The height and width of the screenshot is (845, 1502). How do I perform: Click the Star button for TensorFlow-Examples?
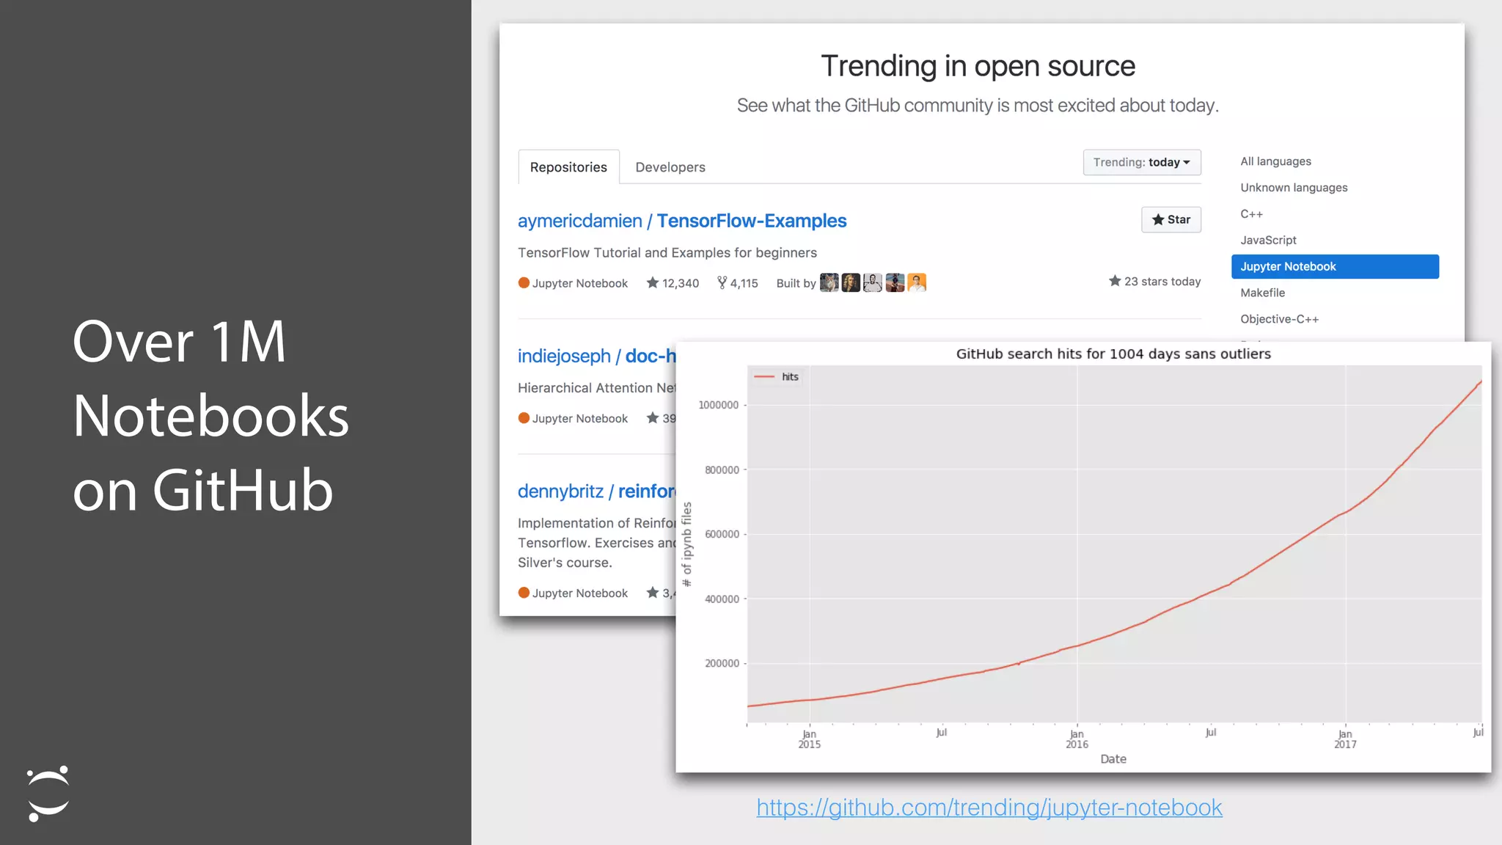1171,219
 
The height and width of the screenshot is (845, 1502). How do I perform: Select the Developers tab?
670,167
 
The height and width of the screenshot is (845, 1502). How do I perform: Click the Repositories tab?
568,167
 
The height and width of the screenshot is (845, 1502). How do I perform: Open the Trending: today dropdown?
1141,162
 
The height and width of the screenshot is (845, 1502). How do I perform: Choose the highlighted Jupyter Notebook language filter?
1335,266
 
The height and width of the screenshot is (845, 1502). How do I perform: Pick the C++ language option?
1251,214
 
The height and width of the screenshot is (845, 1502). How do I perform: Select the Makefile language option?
1262,293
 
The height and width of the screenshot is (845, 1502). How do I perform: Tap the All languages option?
1275,161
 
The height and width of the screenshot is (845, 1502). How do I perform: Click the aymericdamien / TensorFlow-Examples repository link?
682,221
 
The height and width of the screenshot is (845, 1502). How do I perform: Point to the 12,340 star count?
673,283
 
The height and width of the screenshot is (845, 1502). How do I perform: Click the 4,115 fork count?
738,283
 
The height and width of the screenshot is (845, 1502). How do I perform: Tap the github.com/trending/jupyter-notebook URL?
989,808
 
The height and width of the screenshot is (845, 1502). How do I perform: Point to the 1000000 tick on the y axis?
719,405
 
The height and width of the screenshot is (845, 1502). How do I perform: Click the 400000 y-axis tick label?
722,599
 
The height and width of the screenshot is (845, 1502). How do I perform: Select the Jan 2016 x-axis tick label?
1077,739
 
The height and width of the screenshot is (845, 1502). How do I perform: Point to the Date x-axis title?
1113,759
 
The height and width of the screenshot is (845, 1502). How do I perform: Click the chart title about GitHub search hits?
1113,354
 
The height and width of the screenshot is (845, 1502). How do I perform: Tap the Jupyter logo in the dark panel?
48,794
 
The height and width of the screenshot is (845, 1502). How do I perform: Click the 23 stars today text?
1155,282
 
